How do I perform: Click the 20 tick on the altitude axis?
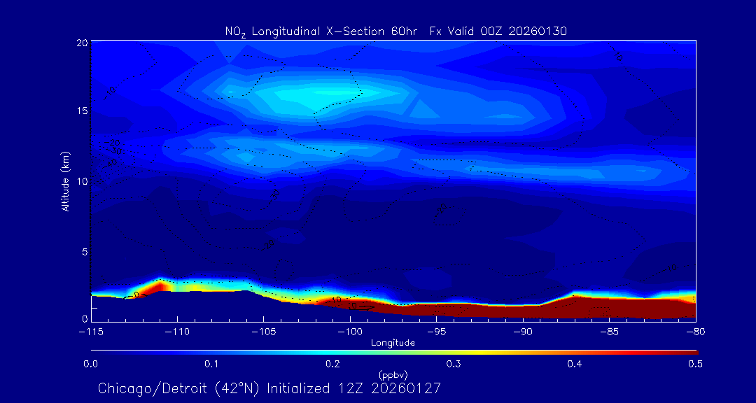[x=81, y=43]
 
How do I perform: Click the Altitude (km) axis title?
[x=66, y=181]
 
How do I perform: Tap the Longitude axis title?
[x=393, y=343]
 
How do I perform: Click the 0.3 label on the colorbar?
[x=454, y=364]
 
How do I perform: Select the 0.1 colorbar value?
[x=211, y=364]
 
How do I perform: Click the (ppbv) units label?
[x=393, y=374]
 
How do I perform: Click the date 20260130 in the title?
[x=540, y=31]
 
